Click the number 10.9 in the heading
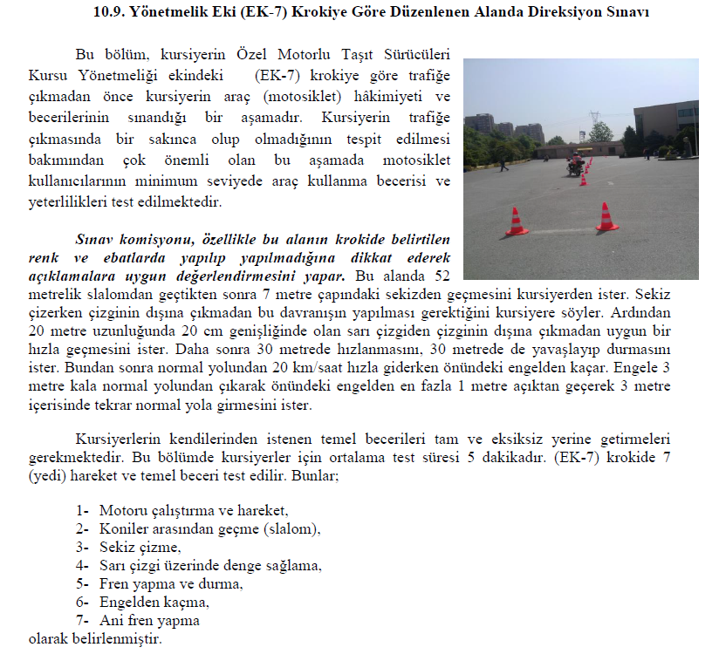(x=108, y=12)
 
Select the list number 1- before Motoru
(x=83, y=510)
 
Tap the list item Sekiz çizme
(x=140, y=547)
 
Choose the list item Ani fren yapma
(x=149, y=620)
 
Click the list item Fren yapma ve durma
(x=171, y=583)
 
